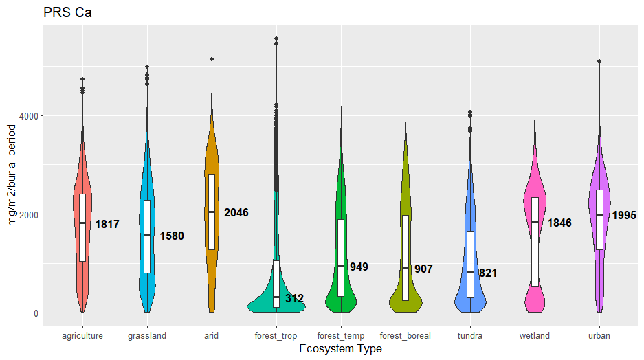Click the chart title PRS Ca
pyautogui.click(x=67, y=12)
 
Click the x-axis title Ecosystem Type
pyautogui.click(x=341, y=349)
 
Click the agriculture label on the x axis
pyautogui.click(x=82, y=336)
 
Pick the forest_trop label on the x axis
pyautogui.click(x=276, y=336)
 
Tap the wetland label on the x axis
pyautogui.click(x=534, y=336)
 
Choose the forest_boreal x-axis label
pyautogui.click(x=406, y=336)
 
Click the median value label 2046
pyautogui.click(x=236, y=213)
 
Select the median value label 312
pyautogui.click(x=294, y=298)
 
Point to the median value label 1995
pyautogui.click(x=624, y=215)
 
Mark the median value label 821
pyautogui.click(x=488, y=273)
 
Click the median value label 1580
pyautogui.click(x=172, y=236)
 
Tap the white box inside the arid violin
pyautogui.click(x=212, y=212)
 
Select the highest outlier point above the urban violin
pyautogui.click(x=599, y=61)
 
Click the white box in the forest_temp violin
pyautogui.click(x=341, y=258)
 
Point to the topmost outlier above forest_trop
pyautogui.click(x=276, y=38)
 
